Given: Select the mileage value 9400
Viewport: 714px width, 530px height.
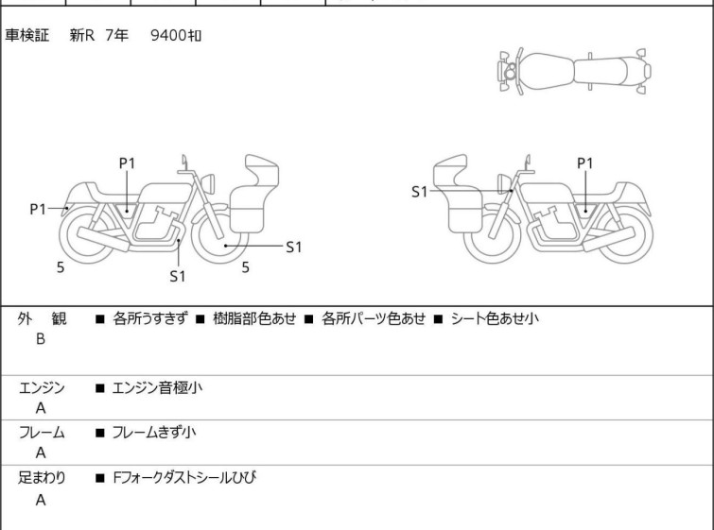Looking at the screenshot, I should click(168, 36).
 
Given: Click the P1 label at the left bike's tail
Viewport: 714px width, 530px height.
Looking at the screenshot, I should click(38, 209).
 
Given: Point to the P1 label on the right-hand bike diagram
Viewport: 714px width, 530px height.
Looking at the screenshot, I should click(584, 162).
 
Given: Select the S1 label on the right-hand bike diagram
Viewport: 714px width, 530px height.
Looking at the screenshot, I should click(420, 192).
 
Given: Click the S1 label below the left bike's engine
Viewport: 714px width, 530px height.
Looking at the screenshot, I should click(178, 276).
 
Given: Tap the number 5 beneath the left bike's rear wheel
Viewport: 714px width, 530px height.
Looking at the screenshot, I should click(61, 267).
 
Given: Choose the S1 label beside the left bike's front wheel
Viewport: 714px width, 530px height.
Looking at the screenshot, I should click(293, 248).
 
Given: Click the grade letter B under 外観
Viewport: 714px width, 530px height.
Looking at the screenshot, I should click(41, 339).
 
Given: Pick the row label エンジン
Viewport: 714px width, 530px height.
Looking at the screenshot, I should click(42, 387).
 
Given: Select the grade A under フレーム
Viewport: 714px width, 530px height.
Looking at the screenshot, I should click(41, 453).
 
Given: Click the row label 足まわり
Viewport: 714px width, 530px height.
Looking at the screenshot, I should click(42, 478).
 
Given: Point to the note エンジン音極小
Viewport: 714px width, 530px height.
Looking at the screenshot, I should click(156, 387).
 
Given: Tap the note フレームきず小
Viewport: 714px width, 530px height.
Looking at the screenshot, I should click(154, 433).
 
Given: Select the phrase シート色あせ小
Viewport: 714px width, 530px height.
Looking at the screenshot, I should click(494, 318).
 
